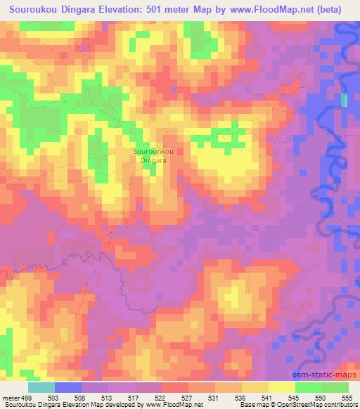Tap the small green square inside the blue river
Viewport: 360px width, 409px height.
point(344,100)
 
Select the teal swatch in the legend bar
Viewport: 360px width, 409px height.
point(41,387)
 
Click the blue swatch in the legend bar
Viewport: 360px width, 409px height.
point(68,387)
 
